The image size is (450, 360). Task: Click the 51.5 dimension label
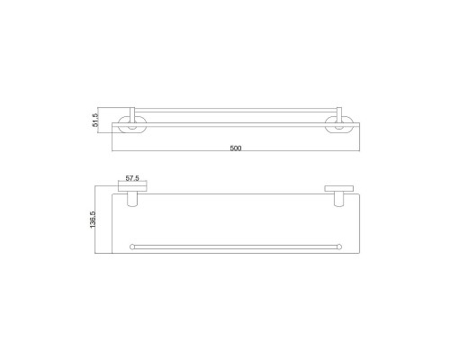[x=95, y=120]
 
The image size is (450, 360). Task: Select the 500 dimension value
[x=236, y=148]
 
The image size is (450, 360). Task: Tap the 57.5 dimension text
[x=132, y=178]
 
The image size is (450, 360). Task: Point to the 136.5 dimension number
[x=93, y=220]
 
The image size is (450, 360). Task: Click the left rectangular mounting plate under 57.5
[x=132, y=189]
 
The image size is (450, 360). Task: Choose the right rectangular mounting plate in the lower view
[x=338, y=189]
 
